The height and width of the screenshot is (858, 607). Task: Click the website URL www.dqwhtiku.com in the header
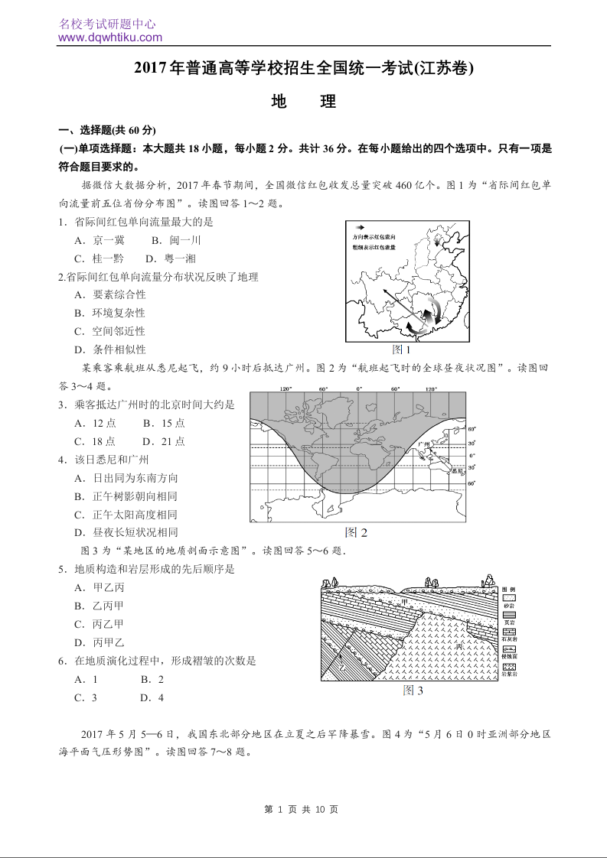pos(109,37)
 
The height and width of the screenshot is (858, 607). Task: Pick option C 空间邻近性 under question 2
pos(109,331)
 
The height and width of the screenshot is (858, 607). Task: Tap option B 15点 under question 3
pos(164,423)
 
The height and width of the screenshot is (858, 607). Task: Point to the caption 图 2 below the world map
pos(357,532)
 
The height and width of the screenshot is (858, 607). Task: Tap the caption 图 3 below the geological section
pos(413,691)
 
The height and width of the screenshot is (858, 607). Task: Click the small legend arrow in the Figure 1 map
pos(359,227)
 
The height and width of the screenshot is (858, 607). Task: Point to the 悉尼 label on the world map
pos(456,472)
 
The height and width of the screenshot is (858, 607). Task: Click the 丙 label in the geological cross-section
pos(459,646)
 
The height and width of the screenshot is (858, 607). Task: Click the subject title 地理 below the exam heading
pos(304,102)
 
